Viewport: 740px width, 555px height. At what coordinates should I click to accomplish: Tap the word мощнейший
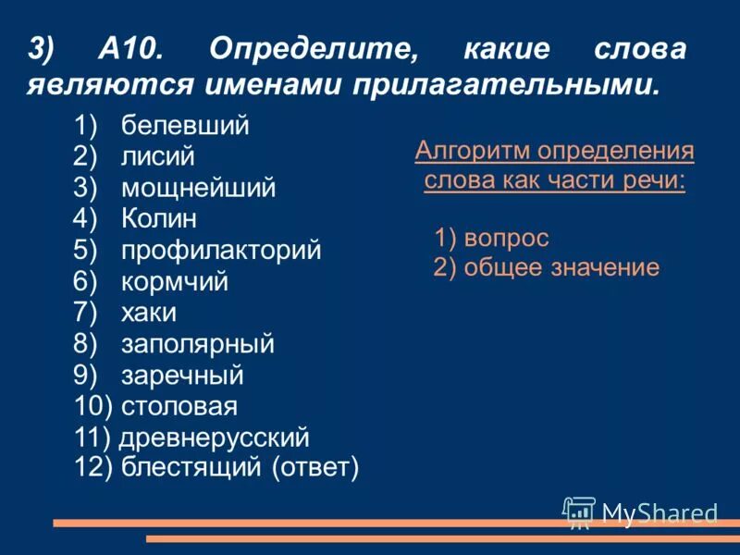click(x=198, y=189)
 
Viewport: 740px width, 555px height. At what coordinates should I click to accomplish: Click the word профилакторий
click(x=221, y=251)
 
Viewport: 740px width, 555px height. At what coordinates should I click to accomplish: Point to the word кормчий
click(x=174, y=281)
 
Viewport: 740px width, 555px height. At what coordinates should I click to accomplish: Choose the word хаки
click(x=148, y=313)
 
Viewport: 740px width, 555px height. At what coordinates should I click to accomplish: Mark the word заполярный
click(x=197, y=344)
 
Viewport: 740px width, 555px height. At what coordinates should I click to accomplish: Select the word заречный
click(x=182, y=376)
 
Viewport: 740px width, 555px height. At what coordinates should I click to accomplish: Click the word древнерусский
click(x=215, y=438)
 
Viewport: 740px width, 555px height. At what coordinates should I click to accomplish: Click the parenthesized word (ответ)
click(x=314, y=468)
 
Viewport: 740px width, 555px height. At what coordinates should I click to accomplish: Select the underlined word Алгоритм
click(x=473, y=151)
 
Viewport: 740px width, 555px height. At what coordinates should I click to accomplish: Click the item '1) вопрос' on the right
click(x=491, y=239)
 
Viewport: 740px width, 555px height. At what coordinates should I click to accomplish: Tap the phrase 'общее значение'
click(x=559, y=268)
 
